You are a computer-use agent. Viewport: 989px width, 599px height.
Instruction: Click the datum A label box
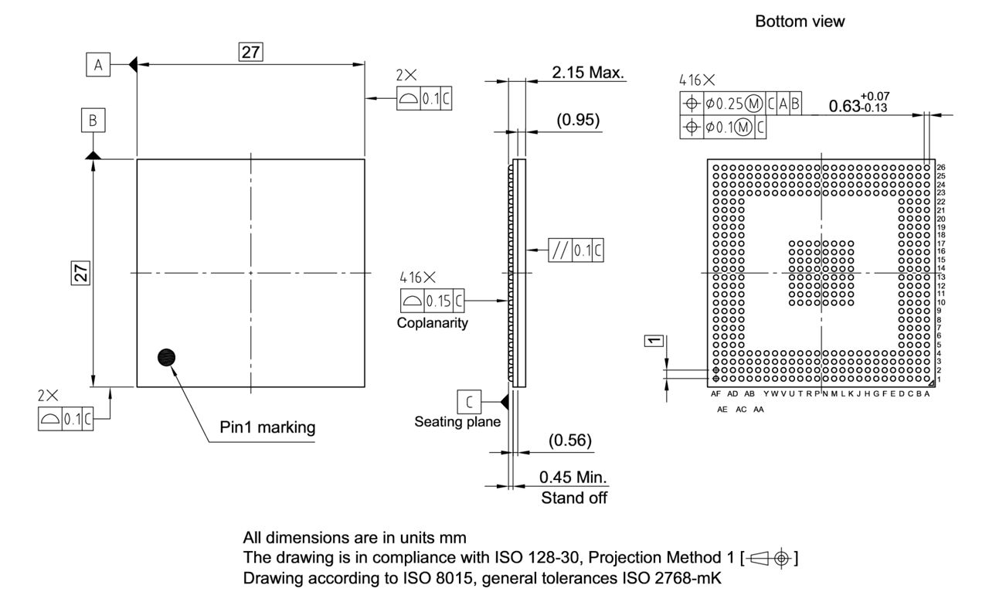click(97, 66)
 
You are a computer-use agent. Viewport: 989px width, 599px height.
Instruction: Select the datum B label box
click(93, 121)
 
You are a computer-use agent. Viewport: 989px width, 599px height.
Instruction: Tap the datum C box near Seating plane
click(468, 402)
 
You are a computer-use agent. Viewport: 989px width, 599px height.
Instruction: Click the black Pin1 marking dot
click(166, 356)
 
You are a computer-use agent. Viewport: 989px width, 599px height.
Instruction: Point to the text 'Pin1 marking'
click(267, 427)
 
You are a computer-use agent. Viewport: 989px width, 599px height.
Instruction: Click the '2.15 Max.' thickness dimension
click(587, 72)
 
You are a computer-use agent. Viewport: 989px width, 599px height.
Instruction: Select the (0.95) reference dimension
click(578, 121)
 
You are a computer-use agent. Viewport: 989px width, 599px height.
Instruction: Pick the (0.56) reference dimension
click(569, 441)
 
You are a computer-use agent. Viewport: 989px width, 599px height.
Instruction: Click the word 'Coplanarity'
click(432, 323)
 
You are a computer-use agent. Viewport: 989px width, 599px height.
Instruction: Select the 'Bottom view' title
click(800, 22)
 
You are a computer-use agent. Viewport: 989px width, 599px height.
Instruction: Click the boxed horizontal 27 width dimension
click(250, 52)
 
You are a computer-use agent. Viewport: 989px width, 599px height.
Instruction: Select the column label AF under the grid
click(715, 394)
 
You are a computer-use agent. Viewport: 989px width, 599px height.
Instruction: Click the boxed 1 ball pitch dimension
click(654, 340)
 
